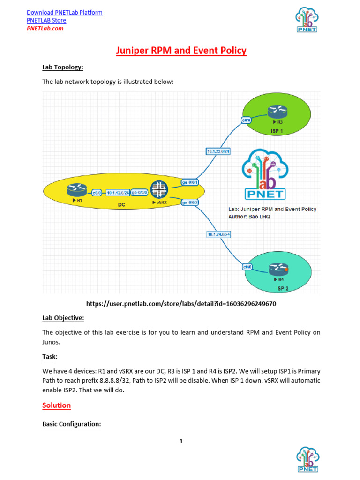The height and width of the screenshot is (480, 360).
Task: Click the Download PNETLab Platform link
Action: [64, 12]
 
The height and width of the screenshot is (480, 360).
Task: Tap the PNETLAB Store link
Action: [46, 20]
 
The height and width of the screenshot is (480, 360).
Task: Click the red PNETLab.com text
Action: [45, 28]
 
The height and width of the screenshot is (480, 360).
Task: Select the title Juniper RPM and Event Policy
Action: [181, 51]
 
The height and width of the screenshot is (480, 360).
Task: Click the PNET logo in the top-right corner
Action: [307, 21]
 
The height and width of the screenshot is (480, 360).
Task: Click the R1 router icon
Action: [77, 190]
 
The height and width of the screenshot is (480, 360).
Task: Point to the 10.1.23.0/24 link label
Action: [218, 151]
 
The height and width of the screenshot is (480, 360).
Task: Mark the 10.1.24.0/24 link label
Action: [218, 234]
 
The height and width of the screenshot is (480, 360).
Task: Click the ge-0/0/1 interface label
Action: [190, 182]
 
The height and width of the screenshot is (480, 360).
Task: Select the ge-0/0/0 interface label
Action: [140, 192]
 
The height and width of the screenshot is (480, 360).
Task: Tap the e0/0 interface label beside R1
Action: [97, 192]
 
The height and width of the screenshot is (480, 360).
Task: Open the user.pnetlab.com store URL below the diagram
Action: [181, 304]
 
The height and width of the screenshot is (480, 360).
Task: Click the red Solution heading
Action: [57, 405]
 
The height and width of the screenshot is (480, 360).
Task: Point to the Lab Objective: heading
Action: [63, 318]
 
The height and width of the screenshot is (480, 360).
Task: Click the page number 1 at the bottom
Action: [181, 441]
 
